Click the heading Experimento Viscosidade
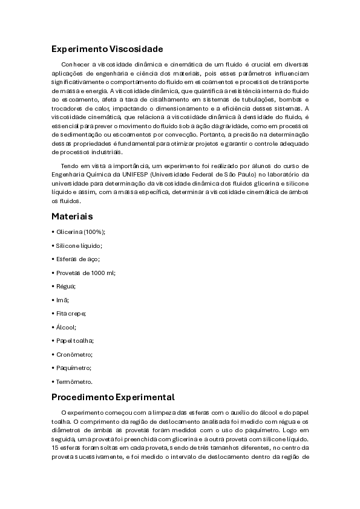(x=107, y=48)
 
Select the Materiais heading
(x=72, y=216)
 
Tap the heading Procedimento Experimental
(x=113, y=397)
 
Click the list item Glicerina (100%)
(x=80, y=232)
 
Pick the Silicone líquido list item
(x=79, y=245)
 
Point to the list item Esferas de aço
(x=77, y=259)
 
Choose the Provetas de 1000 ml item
(x=85, y=273)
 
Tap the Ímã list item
(x=62, y=300)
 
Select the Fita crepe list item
(x=71, y=313)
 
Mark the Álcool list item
(x=66, y=327)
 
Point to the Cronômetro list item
(x=74, y=354)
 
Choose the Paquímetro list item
(x=74, y=368)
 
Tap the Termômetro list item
(x=74, y=381)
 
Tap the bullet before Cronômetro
(x=53, y=354)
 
